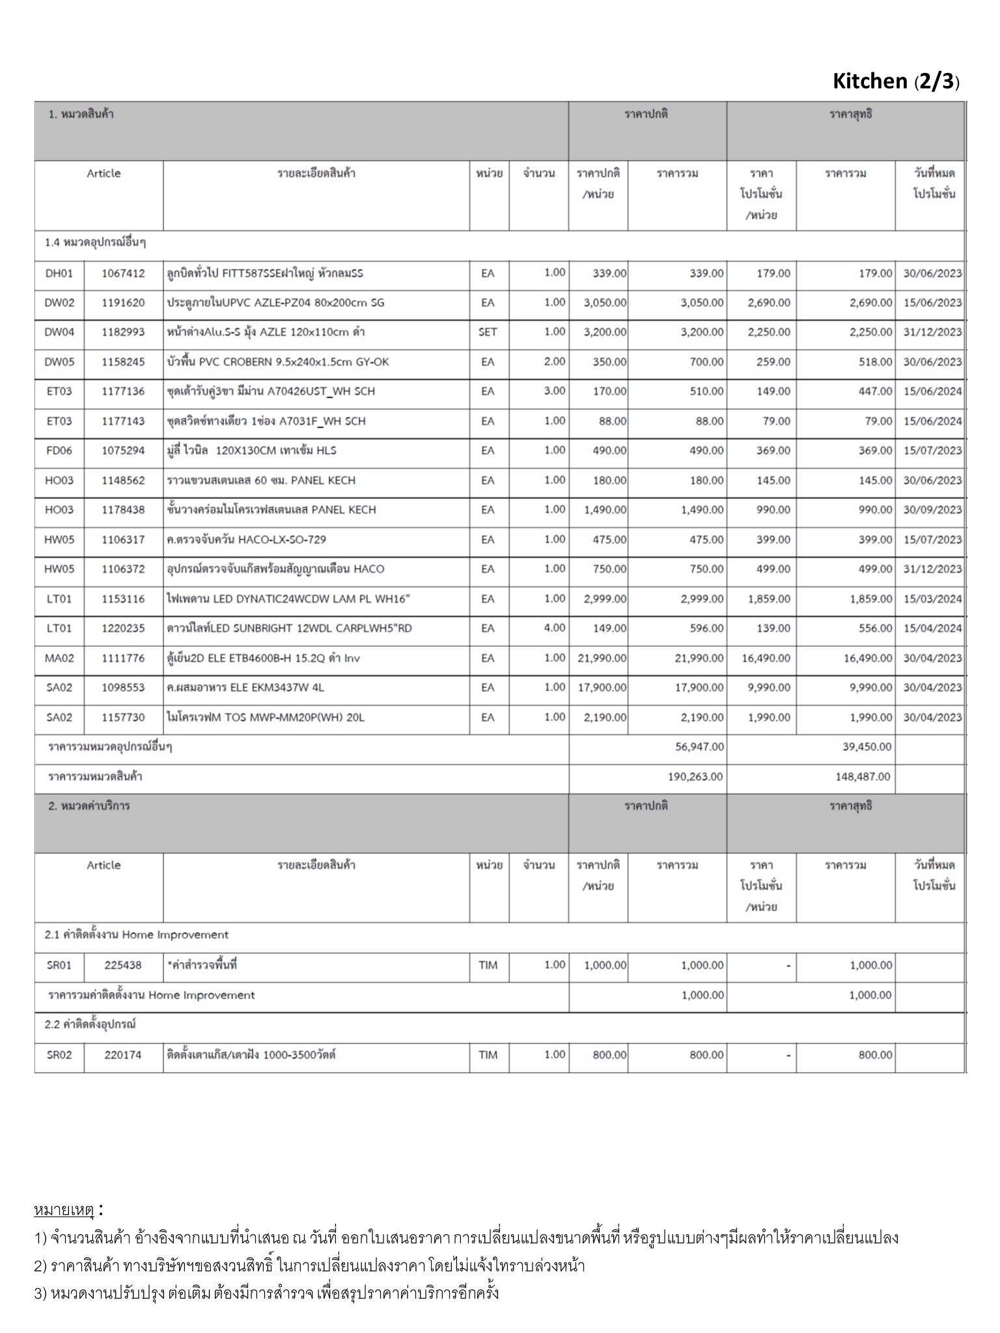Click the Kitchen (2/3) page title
coord(896,81)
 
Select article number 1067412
coord(123,273)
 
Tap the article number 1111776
coord(123,658)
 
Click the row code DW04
coord(59,332)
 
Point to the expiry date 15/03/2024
coord(932,599)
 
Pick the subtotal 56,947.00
coord(699,747)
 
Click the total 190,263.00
coord(695,776)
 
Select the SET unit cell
coord(488,332)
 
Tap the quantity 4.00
coord(555,628)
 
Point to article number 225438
coord(123,965)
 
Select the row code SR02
coord(59,1055)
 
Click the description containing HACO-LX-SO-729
coord(247,540)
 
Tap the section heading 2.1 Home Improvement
coord(137,935)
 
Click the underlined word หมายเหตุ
coord(64,1210)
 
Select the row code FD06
coord(59,450)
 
